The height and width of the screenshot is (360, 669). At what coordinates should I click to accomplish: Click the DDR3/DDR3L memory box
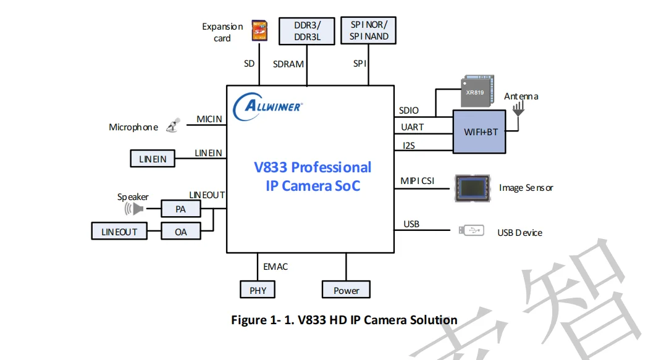coord(307,31)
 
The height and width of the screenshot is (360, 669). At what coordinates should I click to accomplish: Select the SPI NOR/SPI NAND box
coord(369,30)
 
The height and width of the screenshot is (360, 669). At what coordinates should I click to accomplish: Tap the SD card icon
coord(259,30)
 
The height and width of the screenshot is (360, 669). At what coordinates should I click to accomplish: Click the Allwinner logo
coord(267,106)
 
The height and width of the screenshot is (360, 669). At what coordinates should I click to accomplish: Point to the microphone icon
coord(173,125)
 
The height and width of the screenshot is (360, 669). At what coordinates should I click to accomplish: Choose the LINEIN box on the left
coord(153,159)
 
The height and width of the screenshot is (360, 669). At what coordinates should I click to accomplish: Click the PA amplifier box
coord(181,209)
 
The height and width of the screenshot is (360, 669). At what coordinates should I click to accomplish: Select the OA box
coord(181,232)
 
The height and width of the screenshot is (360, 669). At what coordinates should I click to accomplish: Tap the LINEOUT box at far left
coord(119,231)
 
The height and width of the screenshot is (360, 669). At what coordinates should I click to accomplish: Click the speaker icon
coord(133,209)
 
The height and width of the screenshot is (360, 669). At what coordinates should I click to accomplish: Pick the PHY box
coord(258,290)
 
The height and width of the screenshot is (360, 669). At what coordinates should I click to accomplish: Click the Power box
coord(346,290)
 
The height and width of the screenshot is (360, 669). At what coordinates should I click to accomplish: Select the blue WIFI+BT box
coord(479,132)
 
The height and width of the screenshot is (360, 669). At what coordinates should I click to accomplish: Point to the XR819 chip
coord(477,91)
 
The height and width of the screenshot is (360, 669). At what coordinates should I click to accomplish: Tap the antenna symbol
coord(518,109)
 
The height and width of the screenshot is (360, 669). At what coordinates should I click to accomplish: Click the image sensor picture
coord(473,188)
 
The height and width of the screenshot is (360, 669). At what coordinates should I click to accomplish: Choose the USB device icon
coord(471,230)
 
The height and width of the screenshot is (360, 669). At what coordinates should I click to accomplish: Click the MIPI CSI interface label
coord(417,181)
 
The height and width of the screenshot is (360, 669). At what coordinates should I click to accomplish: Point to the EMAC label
coord(276,267)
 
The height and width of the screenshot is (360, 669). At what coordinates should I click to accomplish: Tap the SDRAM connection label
coord(288,64)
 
